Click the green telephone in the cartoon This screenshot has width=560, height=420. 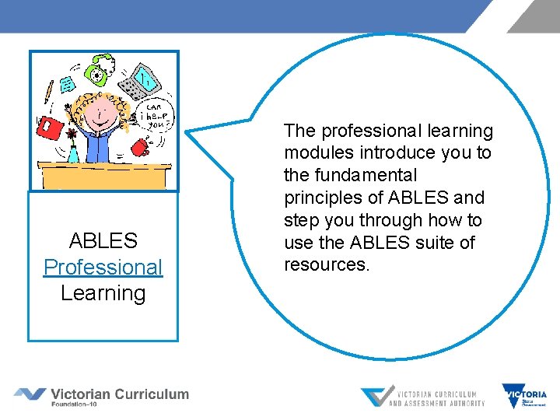pos(99,71)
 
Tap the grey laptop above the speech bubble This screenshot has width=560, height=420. pos(145,81)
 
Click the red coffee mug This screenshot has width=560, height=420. pos(140,147)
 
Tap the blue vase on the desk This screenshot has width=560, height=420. pos(72,154)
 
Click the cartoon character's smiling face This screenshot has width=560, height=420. pos(99,115)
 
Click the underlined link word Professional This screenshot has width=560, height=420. pos(103,267)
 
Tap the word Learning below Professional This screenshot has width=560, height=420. pos(103,293)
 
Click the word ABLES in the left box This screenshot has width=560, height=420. pos(103,240)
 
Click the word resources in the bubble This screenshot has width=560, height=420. pos(325,264)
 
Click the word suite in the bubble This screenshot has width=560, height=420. pos(436,243)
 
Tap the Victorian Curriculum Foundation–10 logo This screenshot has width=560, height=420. pos(102,396)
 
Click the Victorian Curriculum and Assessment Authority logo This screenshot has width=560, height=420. pos(423,397)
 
